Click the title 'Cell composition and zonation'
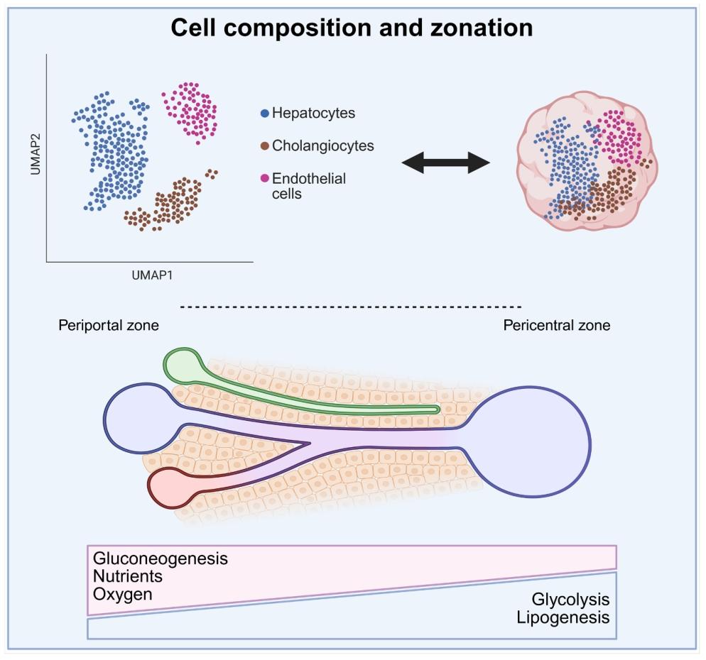coord(352,28)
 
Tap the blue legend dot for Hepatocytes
coord(265,113)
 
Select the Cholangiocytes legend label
coord(323,146)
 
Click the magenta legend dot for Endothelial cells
coord(265,179)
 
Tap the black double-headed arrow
coord(446,164)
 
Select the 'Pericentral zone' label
coord(556,326)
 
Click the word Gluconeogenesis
coord(161,558)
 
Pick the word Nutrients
coord(128,576)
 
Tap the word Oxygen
coord(123,593)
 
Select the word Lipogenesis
coord(563,617)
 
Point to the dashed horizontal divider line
coord(352,307)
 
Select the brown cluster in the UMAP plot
coord(171,203)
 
